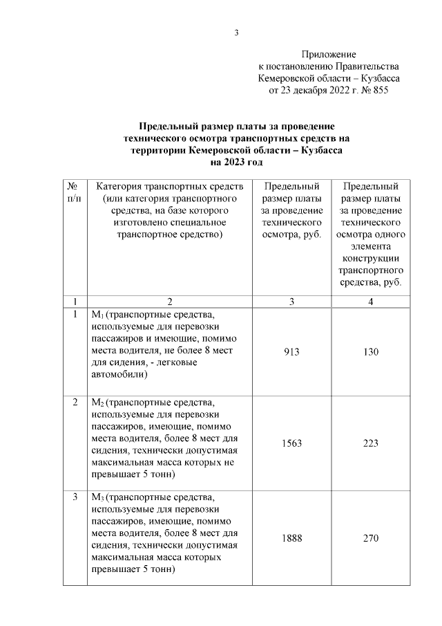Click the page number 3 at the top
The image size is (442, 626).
click(x=236, y=33)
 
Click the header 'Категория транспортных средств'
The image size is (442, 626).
click(x=169, y=187)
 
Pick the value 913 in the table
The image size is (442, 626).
click(x=292, y=352)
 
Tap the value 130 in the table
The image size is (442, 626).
click(x=370, y=352)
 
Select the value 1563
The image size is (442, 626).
click(x=292, y=443)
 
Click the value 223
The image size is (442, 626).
click(x=370, y=443)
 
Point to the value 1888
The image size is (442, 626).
click(x=292, y=538)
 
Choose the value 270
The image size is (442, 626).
click(x=370, y=538)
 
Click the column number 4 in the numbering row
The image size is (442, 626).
click(x=370, y=302)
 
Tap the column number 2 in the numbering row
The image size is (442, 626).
click(x=169, y=302)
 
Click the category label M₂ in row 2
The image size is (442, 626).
click(x=97, y=403)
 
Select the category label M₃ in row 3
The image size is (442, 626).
click(x=97, y=497)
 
